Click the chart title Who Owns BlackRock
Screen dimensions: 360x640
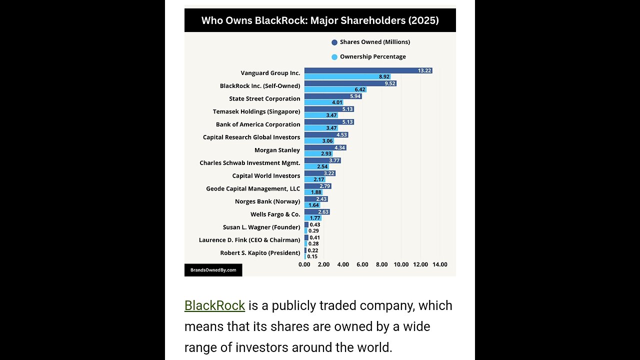coord(320,20)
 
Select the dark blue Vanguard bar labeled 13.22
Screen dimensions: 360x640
coord(368,70)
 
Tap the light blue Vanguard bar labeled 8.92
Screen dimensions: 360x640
coord(347,77)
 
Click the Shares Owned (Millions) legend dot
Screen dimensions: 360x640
coord(334,42)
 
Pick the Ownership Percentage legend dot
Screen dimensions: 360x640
coord(334,57)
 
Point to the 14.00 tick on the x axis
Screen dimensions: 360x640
coord(440,264)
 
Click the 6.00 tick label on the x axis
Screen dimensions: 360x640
coord(362,264)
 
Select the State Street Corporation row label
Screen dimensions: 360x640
coord(264,99)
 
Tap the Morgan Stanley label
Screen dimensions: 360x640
coord(277,150)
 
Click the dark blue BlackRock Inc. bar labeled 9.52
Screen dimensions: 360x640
coord(350,83)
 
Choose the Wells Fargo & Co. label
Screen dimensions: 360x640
coord(275,214)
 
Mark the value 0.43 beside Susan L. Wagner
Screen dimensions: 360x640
coord(314,224)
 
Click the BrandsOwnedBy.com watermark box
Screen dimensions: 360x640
coord(213,270)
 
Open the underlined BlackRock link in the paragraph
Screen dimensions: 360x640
coord(214,305)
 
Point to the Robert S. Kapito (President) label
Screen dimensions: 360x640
coord(260,253)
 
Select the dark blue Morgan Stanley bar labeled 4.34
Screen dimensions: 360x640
coord(325,147)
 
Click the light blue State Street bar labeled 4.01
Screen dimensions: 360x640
coord(323,102)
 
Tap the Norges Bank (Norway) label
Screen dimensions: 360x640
coord(267,201)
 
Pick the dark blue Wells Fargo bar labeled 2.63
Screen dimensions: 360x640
coord(317,212)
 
